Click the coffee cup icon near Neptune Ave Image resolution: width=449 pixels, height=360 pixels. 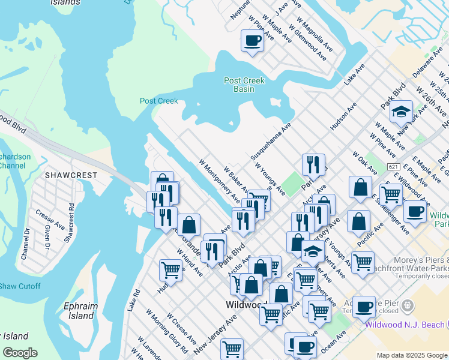point(252,41)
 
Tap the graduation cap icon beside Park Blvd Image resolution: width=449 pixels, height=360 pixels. point(400,112)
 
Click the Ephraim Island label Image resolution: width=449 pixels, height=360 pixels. point(80,311)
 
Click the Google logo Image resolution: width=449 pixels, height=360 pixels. point(20,353)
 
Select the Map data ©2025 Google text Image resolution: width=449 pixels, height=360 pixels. point(411,355)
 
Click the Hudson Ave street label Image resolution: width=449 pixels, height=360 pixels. point(343,116)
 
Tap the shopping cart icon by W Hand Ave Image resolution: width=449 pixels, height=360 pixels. point(170,270)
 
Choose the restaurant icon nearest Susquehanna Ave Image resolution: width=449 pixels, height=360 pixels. point(313,164)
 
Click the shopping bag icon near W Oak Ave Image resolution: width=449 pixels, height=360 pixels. point(360,186)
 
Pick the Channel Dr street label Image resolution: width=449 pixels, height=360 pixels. point(25,244)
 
